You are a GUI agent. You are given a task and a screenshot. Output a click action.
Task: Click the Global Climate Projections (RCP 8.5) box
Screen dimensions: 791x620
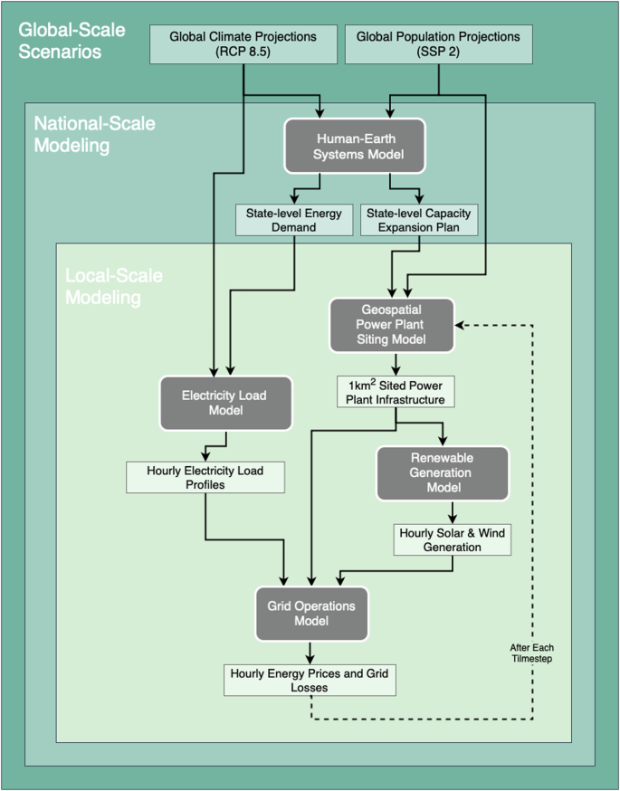pos(243,43)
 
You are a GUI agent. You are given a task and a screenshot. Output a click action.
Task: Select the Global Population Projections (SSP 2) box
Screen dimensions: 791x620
pos(438,43)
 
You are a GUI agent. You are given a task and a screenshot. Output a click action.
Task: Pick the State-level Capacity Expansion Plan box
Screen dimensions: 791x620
pos(419,219)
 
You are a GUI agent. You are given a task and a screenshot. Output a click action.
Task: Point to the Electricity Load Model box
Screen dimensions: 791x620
pos(224,403)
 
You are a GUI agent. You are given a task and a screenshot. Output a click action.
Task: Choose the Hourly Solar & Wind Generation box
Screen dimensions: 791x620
pos(453,539)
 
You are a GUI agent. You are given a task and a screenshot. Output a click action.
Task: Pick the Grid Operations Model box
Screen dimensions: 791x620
pos(310,614)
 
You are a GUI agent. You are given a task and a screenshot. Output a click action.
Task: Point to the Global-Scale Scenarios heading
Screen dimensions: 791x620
pos(72,41)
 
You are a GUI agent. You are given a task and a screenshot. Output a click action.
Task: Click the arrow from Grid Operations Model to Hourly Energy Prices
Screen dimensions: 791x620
pos(310,653)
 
